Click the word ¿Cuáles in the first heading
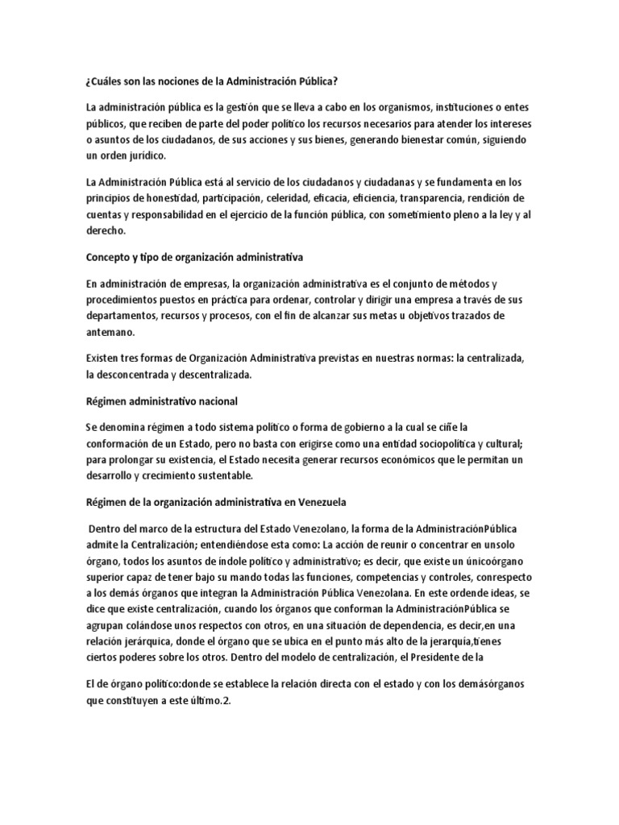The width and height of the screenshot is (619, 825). coord(105,81)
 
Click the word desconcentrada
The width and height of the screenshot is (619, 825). coord(143,374)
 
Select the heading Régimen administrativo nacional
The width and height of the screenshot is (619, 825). coord(161,401)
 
